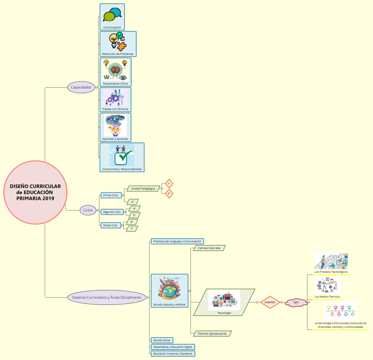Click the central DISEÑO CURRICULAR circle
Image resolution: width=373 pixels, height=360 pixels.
point(35,192)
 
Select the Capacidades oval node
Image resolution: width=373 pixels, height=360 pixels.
point(81,87)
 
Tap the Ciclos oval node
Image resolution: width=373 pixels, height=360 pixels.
point(88,210)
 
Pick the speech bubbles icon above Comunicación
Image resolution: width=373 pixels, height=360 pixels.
point(112,15)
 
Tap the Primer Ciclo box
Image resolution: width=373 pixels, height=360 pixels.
point(111,195)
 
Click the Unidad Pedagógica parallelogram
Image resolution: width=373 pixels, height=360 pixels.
point(143,189)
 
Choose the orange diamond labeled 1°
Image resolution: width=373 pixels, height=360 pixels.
point(169,184)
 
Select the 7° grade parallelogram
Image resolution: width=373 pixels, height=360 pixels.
point(132,229)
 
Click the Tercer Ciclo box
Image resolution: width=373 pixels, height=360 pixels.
point(111,225)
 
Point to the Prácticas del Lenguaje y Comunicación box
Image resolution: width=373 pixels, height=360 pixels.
point(177,241)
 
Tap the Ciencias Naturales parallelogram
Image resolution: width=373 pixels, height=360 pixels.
point(209,248)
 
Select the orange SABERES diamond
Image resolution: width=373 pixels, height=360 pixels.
point(270,302)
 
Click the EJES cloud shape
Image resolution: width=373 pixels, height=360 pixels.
point(296,302)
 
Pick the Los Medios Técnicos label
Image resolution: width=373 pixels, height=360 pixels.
point(327,297)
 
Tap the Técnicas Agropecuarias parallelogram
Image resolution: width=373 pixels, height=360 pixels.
point(212,333)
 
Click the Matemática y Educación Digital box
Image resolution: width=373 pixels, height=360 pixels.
point(173,347)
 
